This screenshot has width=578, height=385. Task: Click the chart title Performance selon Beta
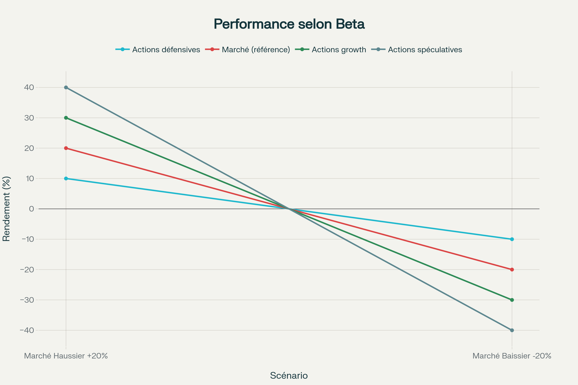[289, 24]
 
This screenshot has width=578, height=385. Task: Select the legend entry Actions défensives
[166, 50]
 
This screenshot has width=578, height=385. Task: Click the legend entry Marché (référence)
[256, 50]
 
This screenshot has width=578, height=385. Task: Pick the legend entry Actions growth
[338, 50]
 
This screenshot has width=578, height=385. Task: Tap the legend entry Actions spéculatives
[425, 50]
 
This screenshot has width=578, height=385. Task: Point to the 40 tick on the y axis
[29, 87]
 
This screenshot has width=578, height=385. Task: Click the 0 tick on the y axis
[31, 209]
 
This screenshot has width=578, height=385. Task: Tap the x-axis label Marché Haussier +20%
[66, 356]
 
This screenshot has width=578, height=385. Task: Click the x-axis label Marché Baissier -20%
[512, 356]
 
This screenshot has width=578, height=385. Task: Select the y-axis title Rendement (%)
[6, 209]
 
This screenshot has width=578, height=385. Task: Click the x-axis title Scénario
[289, 376]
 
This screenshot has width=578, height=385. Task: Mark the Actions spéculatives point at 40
[66, 87]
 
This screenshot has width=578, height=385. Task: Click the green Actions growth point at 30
[66, 118]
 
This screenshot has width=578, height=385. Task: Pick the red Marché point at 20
[66, 148]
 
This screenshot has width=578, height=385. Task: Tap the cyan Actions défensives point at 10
[66, 179]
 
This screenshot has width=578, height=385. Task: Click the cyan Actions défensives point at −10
[512, 239]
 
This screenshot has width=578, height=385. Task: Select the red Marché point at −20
[512, 270]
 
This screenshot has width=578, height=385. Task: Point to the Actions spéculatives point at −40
[512, 330]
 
